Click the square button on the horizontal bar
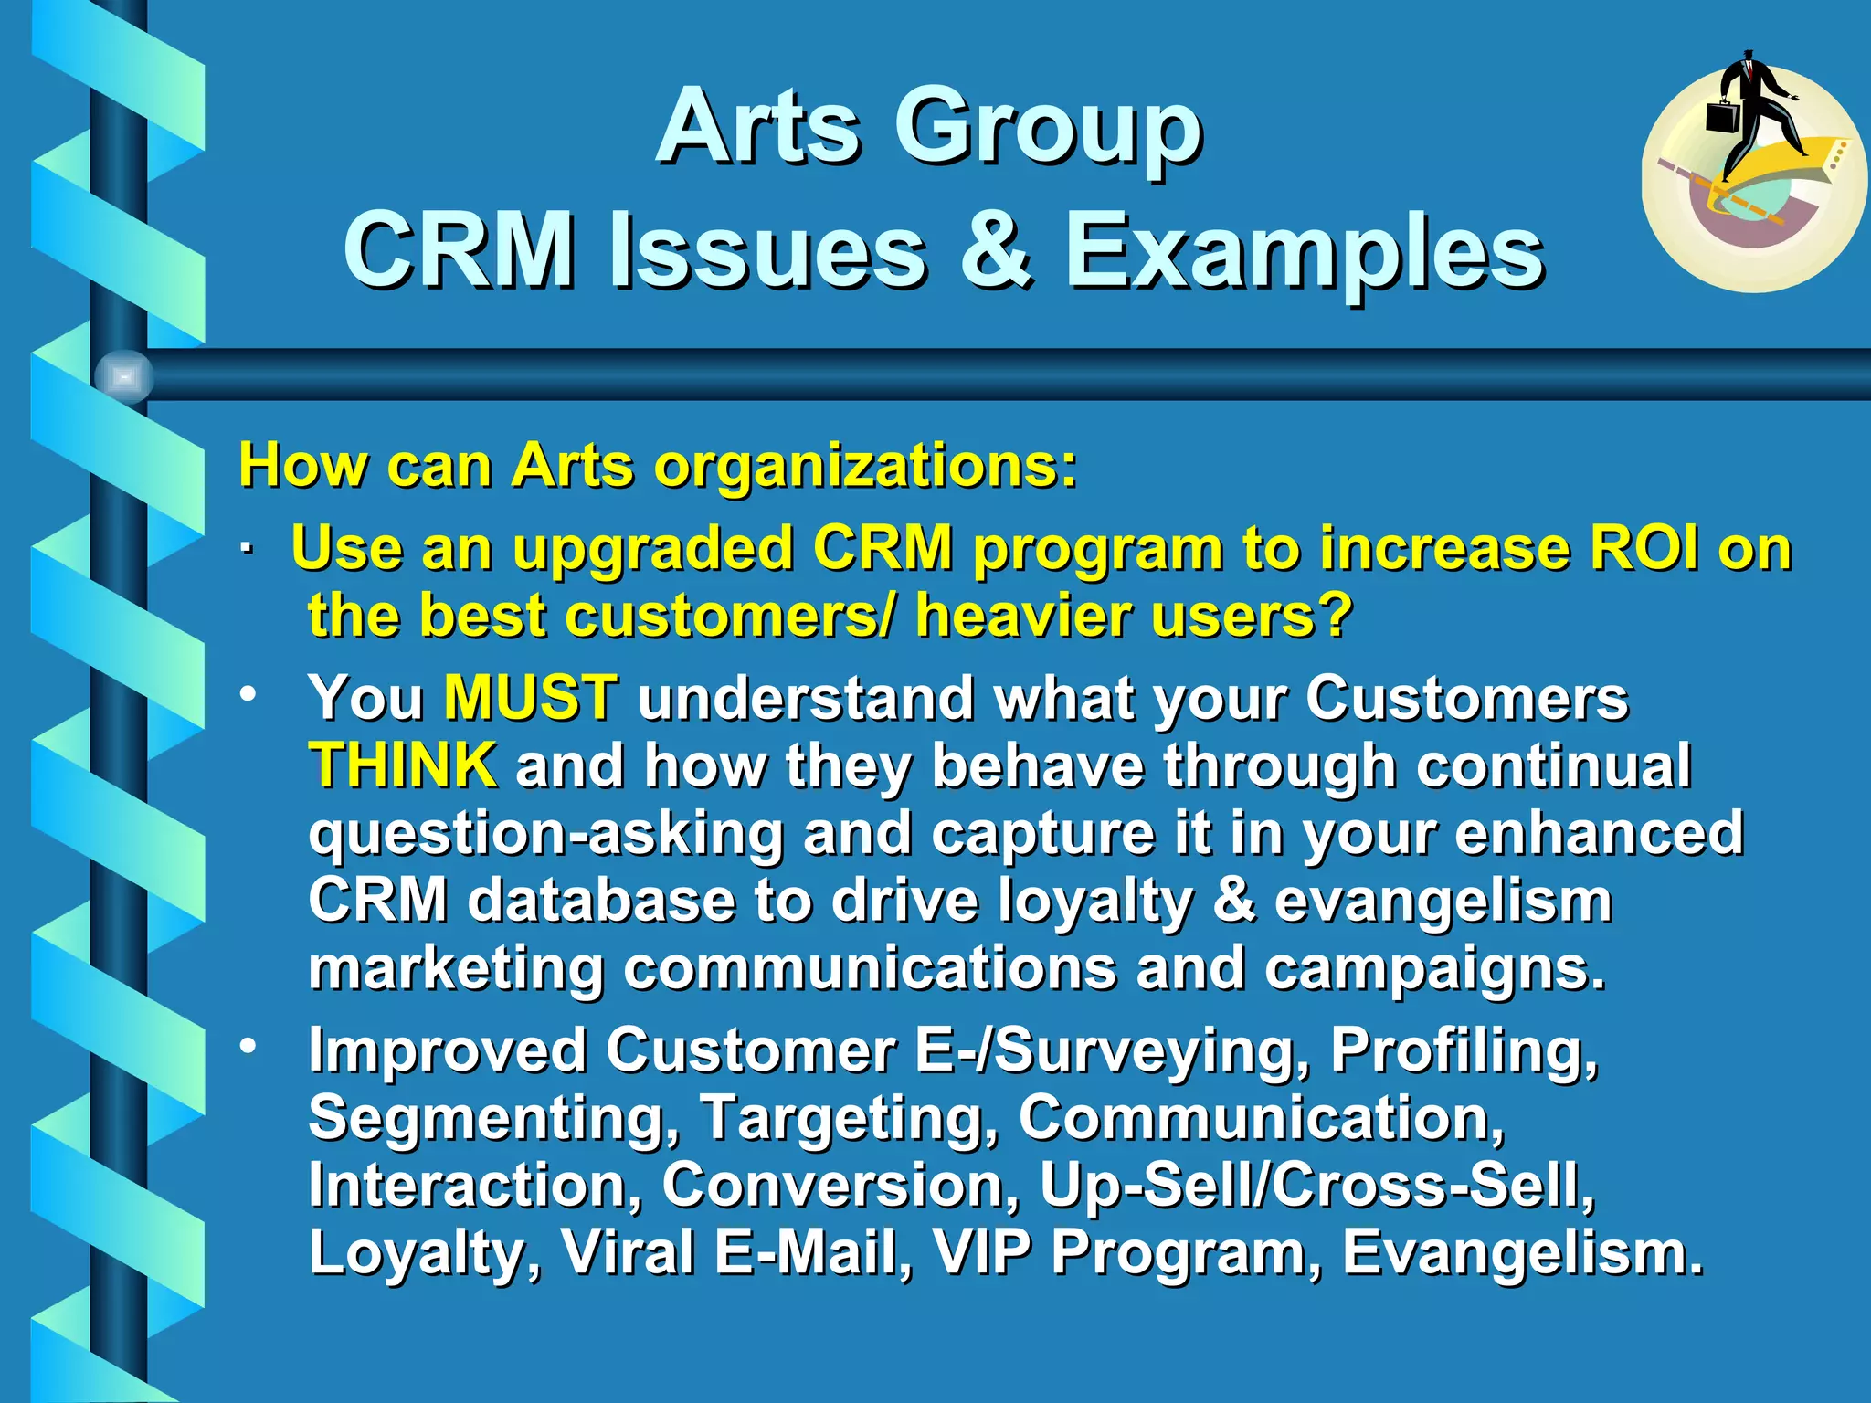click(x=124, y=376)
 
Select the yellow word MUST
click(x=530, y=698)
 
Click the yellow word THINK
click(x=402, y=765)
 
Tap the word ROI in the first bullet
click(x=1644, y=548)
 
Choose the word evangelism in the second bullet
click(x=1443, y=901)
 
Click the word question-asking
click(x=545, y=833)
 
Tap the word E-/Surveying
click(x=1111, y=1050)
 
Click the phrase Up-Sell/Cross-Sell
click(x=1316, y=1186)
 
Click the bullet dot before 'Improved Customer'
click(x=248, y=1045)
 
